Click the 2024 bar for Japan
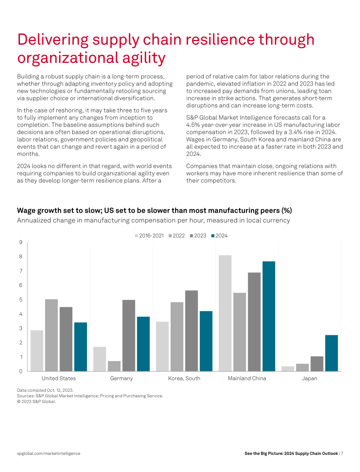(x=331, y=353)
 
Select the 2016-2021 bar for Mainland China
(x=225, y=313)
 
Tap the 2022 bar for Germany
(x=114, y=366)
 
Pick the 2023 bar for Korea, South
(x=191, y=331)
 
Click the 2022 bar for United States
(x=51, y=335)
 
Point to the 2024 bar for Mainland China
(x=269, y=316)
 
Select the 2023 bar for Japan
(x=317, y=363)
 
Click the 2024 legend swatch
(x=213, y=236)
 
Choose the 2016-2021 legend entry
(x=149, y=236)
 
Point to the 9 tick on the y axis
(x=21, y=242)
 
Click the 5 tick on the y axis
(x=21, y=300)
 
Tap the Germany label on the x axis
(x=121, y=378)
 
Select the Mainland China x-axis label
(x=247, y=378)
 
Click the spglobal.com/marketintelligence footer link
(x=49, y=453)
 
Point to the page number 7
(x=342, y=453)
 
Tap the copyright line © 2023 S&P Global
(x=36, y=401)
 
